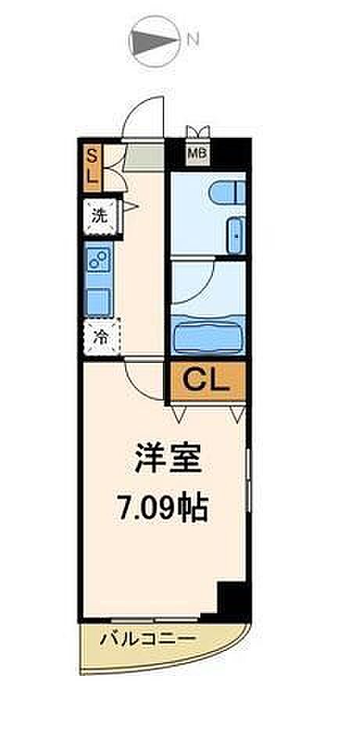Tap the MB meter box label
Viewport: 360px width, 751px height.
click(197, 154)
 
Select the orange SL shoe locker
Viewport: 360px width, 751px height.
click(91, 165)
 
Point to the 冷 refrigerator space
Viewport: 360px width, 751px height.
click(100, 338)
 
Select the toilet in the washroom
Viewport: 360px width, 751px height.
click(228, 192)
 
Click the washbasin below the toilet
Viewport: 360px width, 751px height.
click(236, 235)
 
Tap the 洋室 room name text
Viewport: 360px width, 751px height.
click(167, 460)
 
